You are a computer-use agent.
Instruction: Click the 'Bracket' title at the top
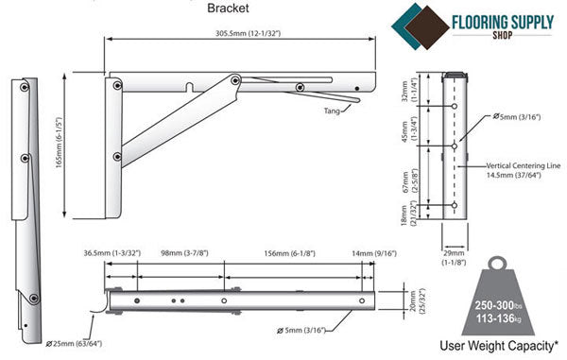pos(228,8)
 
